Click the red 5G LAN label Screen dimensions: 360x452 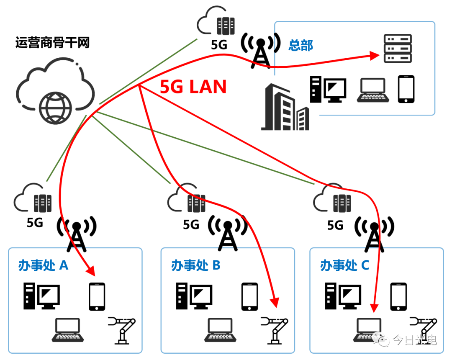193,87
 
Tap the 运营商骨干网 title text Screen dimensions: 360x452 52,43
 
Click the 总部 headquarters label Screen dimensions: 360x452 300,45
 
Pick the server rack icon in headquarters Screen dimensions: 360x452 398,49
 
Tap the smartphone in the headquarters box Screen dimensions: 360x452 406,89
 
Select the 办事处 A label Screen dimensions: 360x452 43,265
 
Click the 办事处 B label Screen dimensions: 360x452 195,265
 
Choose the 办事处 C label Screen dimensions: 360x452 344,265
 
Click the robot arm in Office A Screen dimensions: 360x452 122,330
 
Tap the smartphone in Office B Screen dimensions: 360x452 250,296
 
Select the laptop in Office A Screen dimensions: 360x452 67,330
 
